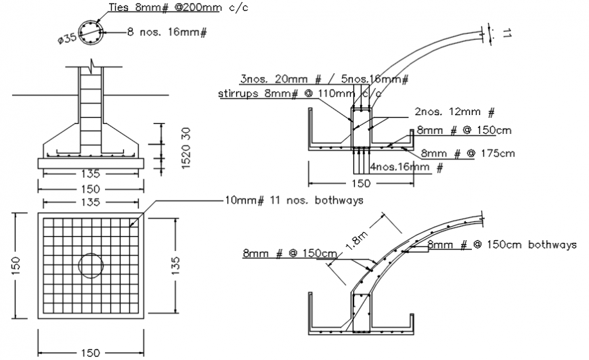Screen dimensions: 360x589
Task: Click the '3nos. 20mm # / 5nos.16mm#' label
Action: point(324,78)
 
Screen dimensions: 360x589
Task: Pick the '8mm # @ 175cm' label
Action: point(468,154)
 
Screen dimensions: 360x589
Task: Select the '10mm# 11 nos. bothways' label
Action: point(293,200)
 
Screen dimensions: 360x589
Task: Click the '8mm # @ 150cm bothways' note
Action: point(502,244)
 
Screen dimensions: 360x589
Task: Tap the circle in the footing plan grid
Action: point(90,264)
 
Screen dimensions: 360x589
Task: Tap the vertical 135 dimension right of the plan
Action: point(175,264)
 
